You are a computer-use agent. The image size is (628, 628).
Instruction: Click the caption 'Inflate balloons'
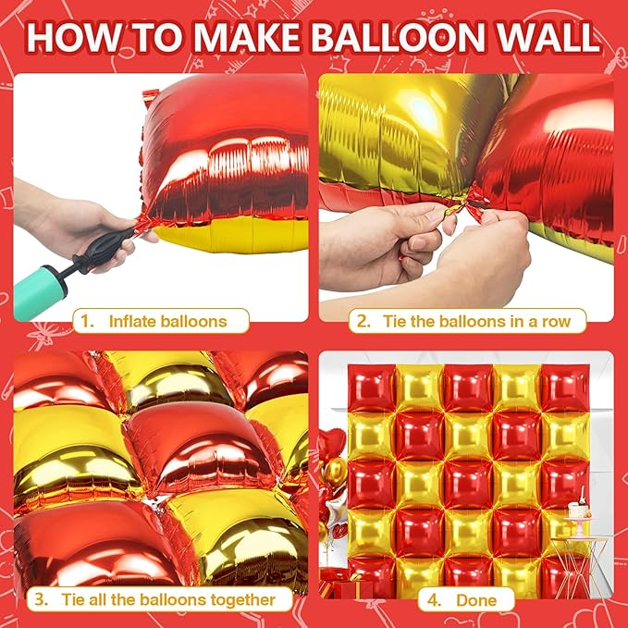[167, 322]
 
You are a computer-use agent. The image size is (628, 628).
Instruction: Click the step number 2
[363, 322]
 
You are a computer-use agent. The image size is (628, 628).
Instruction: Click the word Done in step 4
[475, 599]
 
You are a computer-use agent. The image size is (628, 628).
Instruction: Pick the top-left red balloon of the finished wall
[371, 388]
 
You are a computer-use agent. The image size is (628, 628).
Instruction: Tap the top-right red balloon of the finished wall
[564, 388]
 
